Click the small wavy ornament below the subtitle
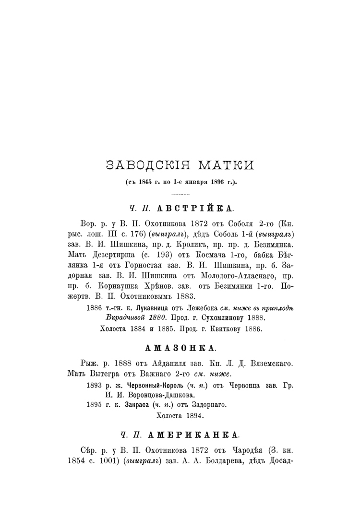(180, 194)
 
